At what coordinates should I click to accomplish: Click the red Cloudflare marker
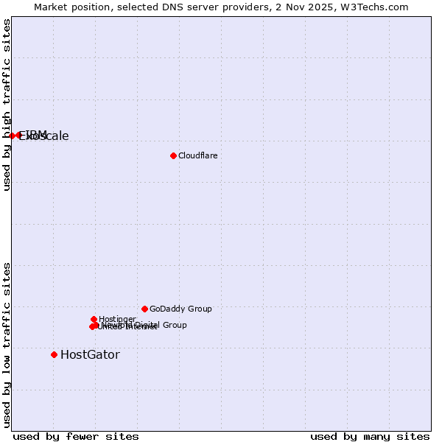(173, 155)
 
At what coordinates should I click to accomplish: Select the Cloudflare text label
(197, 155)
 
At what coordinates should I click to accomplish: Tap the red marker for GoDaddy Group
(144, 309)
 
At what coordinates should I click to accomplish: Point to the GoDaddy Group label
(180, 309)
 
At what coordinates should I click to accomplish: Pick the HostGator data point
(54, 354)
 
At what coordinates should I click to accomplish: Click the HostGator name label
(90, 354)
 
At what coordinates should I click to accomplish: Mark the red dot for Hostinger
(94, 319)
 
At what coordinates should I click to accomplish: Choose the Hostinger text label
(117, 319)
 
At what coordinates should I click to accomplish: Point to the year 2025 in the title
(323, 7)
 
